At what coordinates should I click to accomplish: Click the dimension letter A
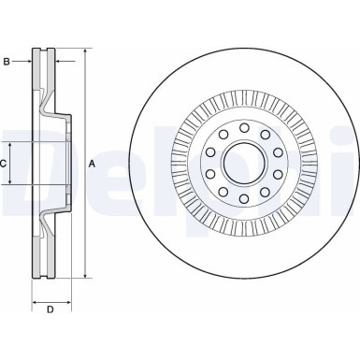tap(92, 164)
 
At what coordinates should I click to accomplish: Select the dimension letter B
tap(7, 62)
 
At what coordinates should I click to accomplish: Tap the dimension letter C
tap(4, 164)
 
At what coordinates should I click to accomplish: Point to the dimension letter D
tap(51, 309)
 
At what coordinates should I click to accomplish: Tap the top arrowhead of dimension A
tap(85, 50)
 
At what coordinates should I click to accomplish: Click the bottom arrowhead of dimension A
tap(85, 276)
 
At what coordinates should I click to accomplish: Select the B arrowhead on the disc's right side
tap(57, 62)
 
